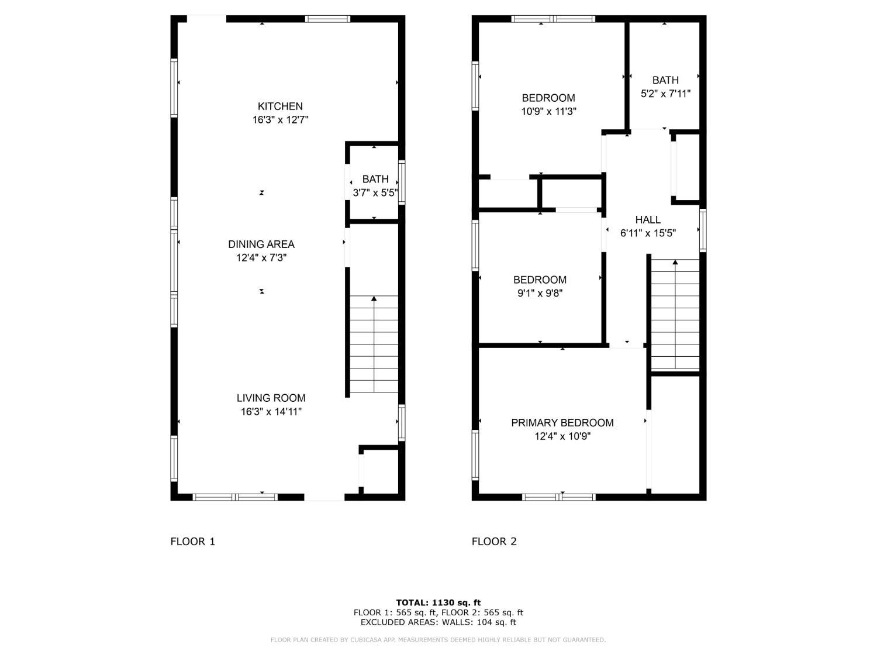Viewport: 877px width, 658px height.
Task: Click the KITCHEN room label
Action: point(279,106)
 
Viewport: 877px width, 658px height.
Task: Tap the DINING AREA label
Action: point(261,244)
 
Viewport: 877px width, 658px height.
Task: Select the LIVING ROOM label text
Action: point(271,398)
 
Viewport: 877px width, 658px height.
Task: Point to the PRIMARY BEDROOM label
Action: point(562,423)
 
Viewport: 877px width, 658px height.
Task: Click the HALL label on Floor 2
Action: point(648,220)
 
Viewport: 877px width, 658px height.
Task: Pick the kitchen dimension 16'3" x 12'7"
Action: point(280,120)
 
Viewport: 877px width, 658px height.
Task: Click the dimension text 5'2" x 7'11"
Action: point(665,94)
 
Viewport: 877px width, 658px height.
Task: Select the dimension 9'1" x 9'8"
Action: point(540,293)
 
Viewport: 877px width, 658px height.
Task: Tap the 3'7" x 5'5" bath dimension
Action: point(375,193)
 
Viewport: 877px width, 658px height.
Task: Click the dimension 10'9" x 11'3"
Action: point(548,112)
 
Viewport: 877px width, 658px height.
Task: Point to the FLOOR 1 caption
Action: point(192,542)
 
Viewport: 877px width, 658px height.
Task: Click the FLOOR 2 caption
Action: point(494,542)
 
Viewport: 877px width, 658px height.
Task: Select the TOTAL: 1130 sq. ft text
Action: point(438,602)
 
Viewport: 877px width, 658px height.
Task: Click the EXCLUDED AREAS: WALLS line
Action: point(438,622)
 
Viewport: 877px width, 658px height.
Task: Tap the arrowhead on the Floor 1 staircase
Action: point(374,298)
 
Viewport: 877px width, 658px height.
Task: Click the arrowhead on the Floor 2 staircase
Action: point(675,262)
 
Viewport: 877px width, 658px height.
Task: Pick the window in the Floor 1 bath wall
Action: point(402,182)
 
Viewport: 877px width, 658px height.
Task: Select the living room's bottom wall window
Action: point(235,497)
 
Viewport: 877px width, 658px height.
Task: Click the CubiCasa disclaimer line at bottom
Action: point(438,640)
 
